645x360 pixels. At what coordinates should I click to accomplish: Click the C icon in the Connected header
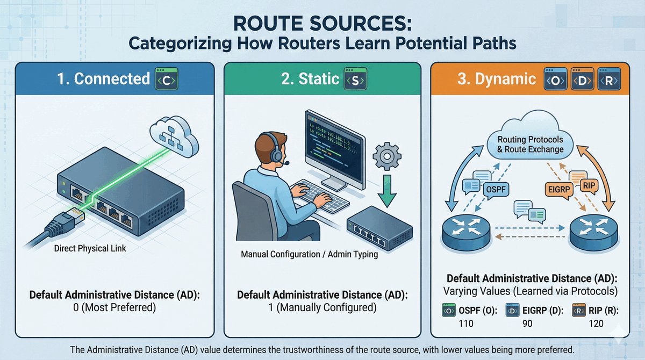pos(166,80)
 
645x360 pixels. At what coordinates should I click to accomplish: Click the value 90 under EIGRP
pos(528,323)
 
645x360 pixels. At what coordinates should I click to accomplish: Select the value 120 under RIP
pos(596,323)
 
